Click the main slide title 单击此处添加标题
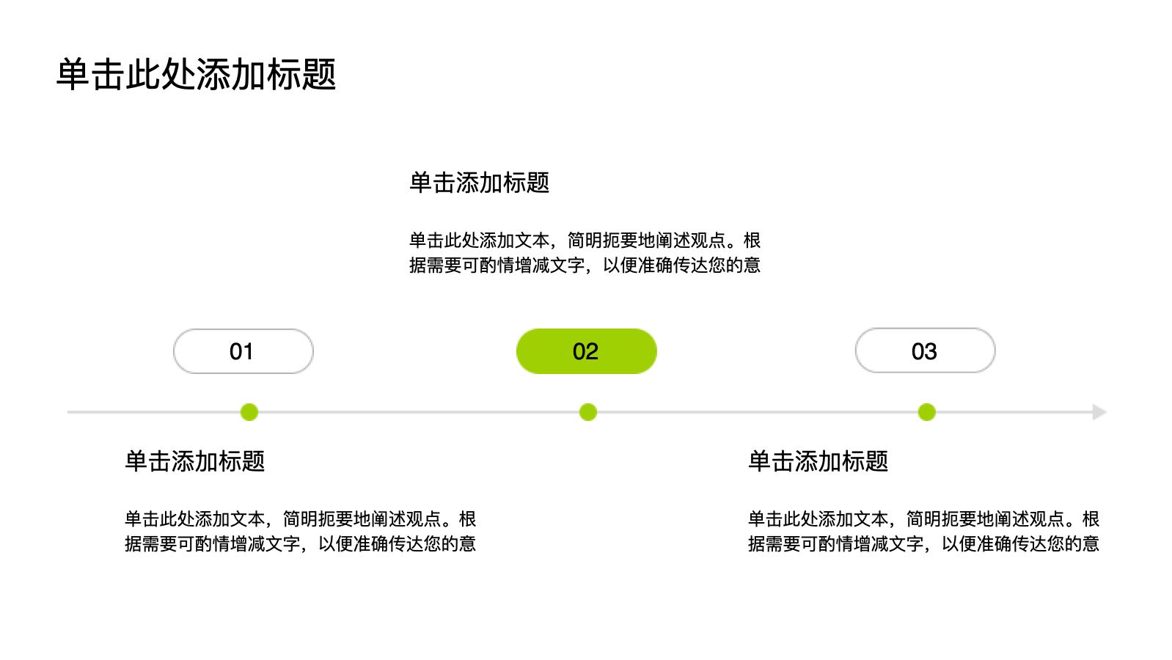click(196, 74)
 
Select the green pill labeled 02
click(586, 351)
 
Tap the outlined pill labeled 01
click(243, 351)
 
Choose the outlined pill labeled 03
click(925, 351)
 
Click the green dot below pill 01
click(249, 412)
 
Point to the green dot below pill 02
click(588, 412)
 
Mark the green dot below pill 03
click(926, 412)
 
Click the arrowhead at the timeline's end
click(1100, 412)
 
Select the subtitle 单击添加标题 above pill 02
click(479, 183)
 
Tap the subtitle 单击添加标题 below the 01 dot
click(194, 461)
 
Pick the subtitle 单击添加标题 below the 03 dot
click(818, 461)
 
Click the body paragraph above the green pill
click(585, 253)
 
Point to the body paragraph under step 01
click(300, 532)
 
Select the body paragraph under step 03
click(924, 532)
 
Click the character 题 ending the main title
click(318, 74)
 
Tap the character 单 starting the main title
click(73, 74)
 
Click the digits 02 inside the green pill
click(585, 351)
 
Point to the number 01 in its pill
click(241, 351)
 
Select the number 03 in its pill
click(924, 351)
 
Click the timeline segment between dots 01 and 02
click(419, 412)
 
